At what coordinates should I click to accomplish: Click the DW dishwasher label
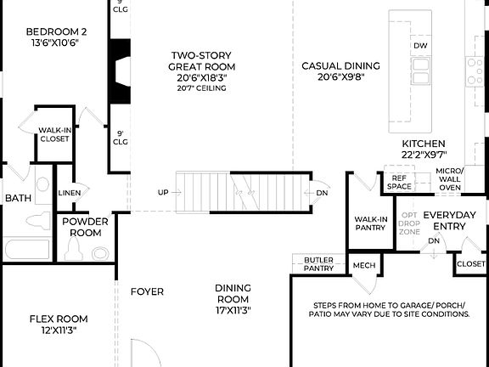tap(420, 46)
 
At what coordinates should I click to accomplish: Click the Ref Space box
tap(399, 182)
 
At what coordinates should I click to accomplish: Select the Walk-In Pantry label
tap(371, 223)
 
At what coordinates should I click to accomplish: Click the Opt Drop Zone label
tap(410, 224)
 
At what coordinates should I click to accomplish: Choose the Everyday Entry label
tap(449, 220)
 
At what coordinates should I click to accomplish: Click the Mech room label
tap(363, 265)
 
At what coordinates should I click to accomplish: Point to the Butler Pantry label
tap(319, 263)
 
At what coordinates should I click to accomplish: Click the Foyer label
tap(147, 291)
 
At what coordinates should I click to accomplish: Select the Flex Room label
tap(59, 325)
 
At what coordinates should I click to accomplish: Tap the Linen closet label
tap(70, 193)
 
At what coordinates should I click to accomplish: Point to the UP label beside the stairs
tap(163, 193)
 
